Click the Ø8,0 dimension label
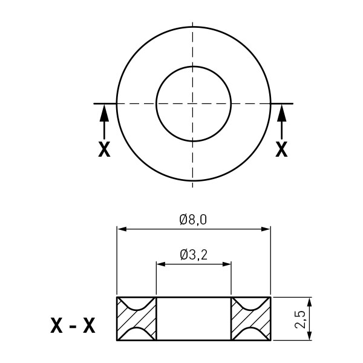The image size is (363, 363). point(193,220)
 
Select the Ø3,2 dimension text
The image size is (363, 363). point(194,255)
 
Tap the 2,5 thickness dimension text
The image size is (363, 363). point(300,319)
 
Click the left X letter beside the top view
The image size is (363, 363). point(104,149)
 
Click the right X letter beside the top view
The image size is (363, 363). point(281,149)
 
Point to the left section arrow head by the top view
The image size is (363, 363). point(104,113)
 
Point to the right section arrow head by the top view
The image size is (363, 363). point(281,113)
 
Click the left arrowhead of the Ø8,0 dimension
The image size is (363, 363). point(122,229)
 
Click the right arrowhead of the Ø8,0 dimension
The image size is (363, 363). point(266,229)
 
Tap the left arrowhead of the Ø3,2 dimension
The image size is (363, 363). point(161,264)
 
